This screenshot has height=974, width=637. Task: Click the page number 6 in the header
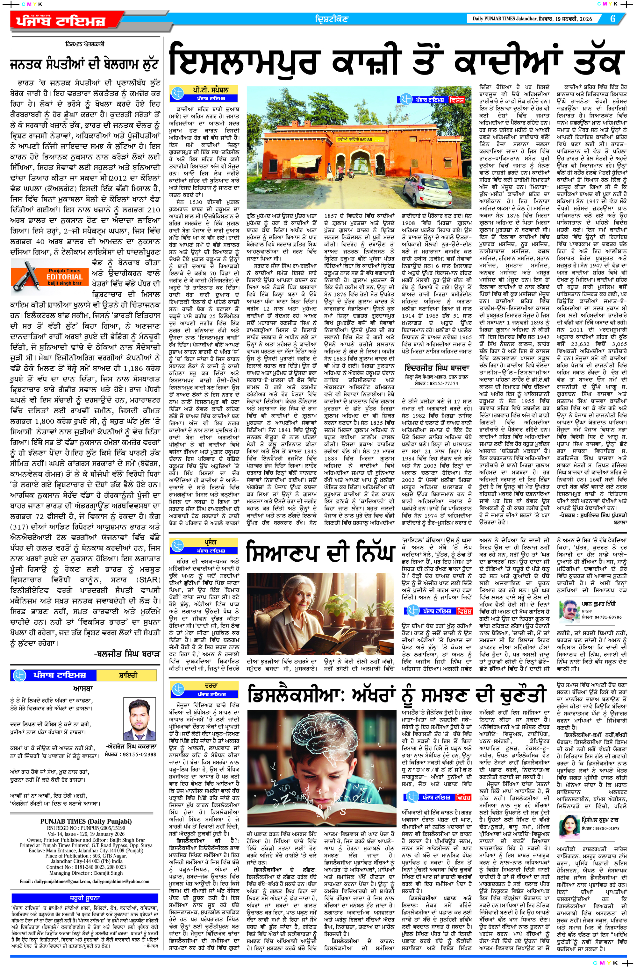[x=613, y=19]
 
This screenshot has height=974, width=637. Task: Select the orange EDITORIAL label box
[x=64, y=277]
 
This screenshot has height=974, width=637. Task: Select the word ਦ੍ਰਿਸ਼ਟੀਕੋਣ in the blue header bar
[x=332, y=19]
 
